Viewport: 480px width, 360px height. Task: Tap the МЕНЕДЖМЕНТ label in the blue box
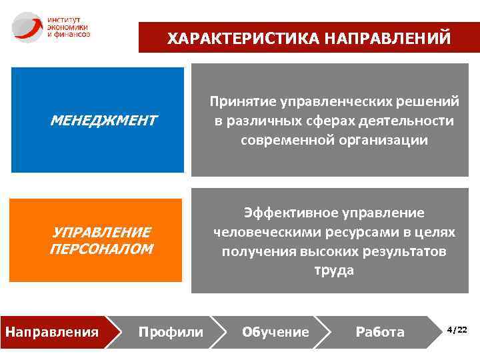pyautogui.click(x=103, y=121)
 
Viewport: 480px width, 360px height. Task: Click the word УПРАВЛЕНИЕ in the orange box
pyautogui.click(x=101, y=232)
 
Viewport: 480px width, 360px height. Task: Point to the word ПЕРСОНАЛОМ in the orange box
pyautogui.click(x=101, y=249)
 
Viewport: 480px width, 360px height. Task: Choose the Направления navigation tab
pyautogui.click(x=52, y=331)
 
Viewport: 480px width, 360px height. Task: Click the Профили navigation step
pyautogui.click(x=170, y=331)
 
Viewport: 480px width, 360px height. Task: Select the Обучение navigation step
pyautogui.click(x=275, y=331)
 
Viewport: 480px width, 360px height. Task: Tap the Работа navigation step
pyautogui.click(x=380, y=331)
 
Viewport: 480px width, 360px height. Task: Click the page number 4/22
pyautogui.click(x=457, y=330)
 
